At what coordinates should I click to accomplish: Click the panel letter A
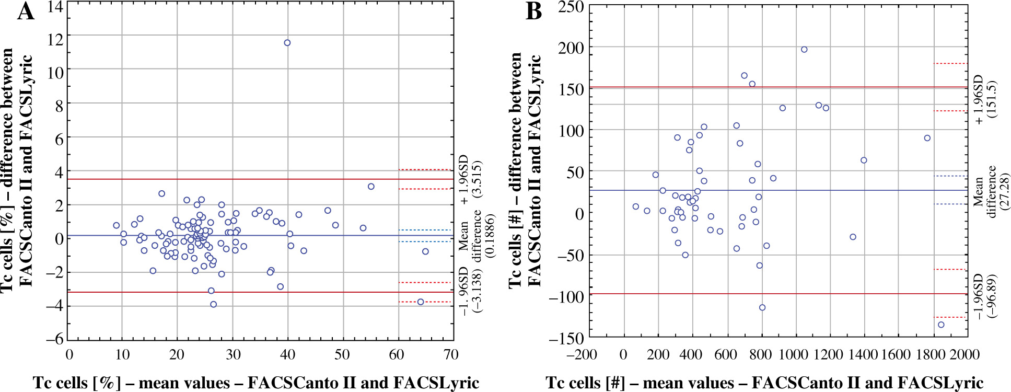(26, 11)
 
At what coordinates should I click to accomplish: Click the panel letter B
(534, 11)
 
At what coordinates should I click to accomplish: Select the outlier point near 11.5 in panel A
(287, 43)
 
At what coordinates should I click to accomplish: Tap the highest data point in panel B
(804, 50)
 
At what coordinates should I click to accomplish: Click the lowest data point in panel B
(941, 325)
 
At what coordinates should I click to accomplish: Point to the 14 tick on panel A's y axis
(55, 7)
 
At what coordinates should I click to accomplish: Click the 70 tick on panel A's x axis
(450, 355)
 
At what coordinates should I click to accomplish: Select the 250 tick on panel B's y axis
(571, 7)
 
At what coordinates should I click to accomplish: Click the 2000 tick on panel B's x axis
(964, 355)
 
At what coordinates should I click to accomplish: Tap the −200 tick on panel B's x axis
(582, 355)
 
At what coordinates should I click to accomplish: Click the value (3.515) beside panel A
(477, 179)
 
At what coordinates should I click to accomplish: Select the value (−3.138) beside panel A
(477, 289)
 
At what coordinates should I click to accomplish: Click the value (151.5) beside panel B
(992, 99)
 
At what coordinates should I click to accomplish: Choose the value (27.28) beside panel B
(1004, 191)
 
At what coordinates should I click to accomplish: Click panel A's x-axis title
(256, 383)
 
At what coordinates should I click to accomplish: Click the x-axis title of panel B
(764, 383)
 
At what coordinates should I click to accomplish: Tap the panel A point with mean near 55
(371, 187)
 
